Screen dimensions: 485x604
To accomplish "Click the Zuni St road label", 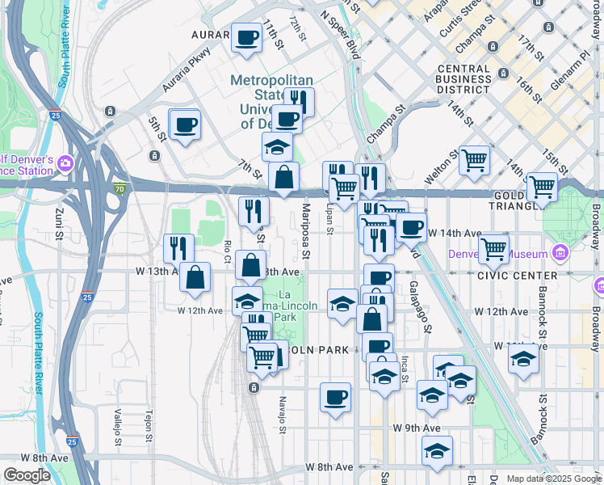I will (x=59, y=228).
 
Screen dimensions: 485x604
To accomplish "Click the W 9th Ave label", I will (x=417, y=428).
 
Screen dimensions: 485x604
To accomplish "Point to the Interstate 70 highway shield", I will (x=120, y=189).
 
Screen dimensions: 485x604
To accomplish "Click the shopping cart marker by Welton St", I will (x=475, y=159).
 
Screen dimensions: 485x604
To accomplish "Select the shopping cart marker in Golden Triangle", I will (x=542, y=188).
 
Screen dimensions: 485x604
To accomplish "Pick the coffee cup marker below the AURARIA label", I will (x=246, y=36).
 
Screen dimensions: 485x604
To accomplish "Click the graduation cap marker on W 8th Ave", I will (x=437, y=451).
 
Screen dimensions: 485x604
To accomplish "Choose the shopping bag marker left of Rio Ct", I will (x=195, y=277).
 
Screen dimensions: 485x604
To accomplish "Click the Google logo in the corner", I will (x=27, y=475).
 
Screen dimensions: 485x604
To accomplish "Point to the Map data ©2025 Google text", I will (x=553, y=479).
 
